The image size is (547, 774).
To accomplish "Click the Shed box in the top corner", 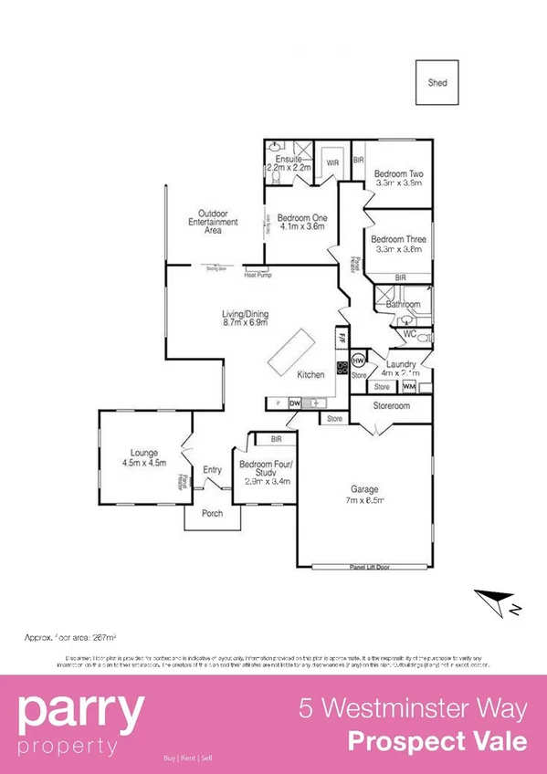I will pyautogui.click(x=438, y=82).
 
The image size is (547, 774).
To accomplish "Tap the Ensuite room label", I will pyautogui.click(x=289, y=159).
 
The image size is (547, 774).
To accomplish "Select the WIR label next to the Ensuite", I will pyautogui.click(x=331, y=163).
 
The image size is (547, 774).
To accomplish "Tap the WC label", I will pyautogui.click(x=409, y=334).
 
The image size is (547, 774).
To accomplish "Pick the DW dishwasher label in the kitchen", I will pyautogui.click(x=295, y=402).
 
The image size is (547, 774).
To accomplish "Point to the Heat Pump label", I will pyautogui.click(x=258, y=275).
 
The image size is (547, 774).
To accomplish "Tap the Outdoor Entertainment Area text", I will pyautogui.click(x=213, y=222).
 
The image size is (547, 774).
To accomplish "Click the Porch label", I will pyautogui.click(x=212, y=513).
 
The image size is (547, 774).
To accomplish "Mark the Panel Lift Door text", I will pyautogui.click(x=371, y=567).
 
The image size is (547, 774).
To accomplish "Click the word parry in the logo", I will pyautogui.click(x=81, y=710).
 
